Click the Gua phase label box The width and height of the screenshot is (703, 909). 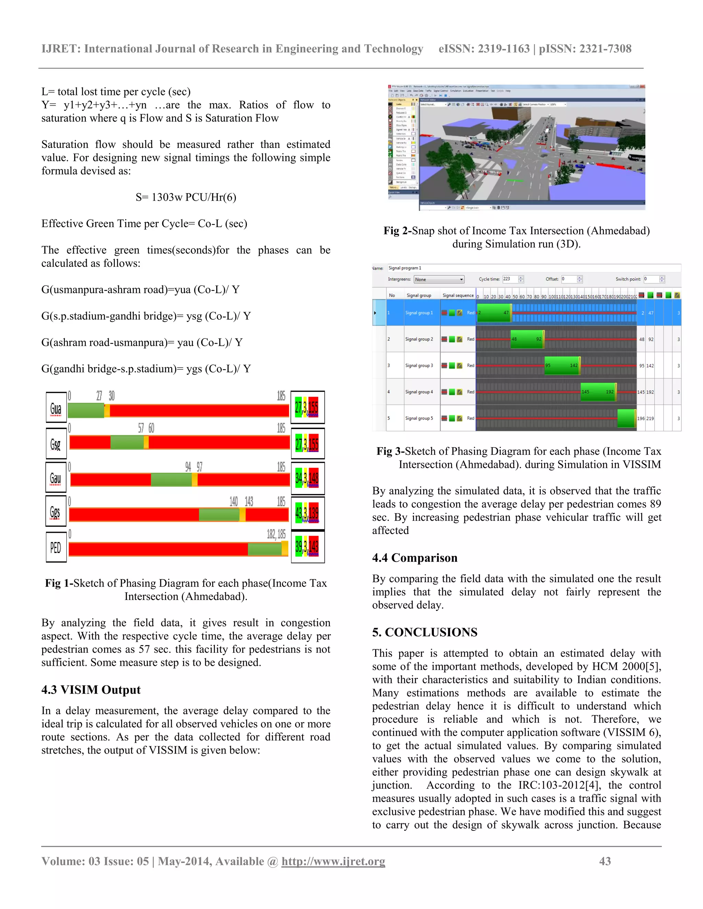coord(56,408)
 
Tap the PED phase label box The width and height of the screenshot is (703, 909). coord(56,547)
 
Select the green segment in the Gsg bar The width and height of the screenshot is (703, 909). coord(127,442)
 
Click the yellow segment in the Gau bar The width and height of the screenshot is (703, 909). coord(195,480)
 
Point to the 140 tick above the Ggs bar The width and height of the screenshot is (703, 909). coord(234,501)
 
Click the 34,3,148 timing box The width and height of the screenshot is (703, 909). coord(307,478)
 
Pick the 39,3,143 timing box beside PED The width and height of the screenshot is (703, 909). coord(307,546)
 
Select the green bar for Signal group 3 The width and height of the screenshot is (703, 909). coord(562,365)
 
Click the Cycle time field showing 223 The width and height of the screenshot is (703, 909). coord(510,279)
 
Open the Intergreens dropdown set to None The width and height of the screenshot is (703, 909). coord(439,280)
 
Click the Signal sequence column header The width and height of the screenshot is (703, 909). coord(458,295)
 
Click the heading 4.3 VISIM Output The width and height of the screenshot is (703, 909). coord(91,690)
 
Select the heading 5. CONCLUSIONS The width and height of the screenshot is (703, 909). coord(424,632)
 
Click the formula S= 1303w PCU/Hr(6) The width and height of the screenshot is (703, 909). coord(186,197)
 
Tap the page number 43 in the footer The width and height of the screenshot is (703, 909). coord(605,861)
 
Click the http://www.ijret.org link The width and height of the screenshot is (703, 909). coord(333,861)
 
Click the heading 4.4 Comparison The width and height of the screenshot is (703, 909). coord(414,558)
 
